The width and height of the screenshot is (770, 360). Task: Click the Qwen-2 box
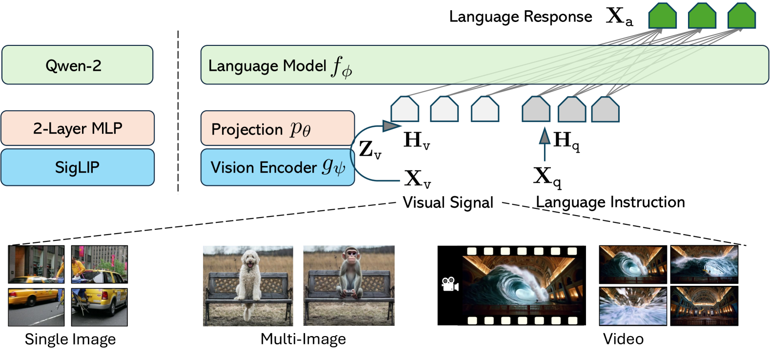(77, 65)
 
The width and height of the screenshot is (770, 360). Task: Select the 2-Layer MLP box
(78, 128)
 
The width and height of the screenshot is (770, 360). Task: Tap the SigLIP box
(78, 167)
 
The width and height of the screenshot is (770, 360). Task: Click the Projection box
(277, 128)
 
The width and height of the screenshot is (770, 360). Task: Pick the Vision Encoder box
(277, 167)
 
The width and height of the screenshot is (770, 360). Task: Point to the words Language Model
(267, 66)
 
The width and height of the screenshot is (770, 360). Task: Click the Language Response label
(520, 17)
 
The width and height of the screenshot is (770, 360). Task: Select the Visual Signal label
(447, 202)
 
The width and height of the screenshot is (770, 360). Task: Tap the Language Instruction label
(610, 202)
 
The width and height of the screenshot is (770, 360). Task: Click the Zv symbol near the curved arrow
(369, 149)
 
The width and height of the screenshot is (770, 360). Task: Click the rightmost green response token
(741, 16)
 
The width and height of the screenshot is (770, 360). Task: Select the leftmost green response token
(662, 16)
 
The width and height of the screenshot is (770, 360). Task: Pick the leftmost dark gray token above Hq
(536, 109)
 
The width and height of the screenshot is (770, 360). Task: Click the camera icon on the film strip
(449, 284)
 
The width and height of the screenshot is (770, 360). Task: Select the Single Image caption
(70, 339)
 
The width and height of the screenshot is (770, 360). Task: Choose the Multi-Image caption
(303, 339)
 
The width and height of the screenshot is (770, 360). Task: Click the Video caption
(623, 339)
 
